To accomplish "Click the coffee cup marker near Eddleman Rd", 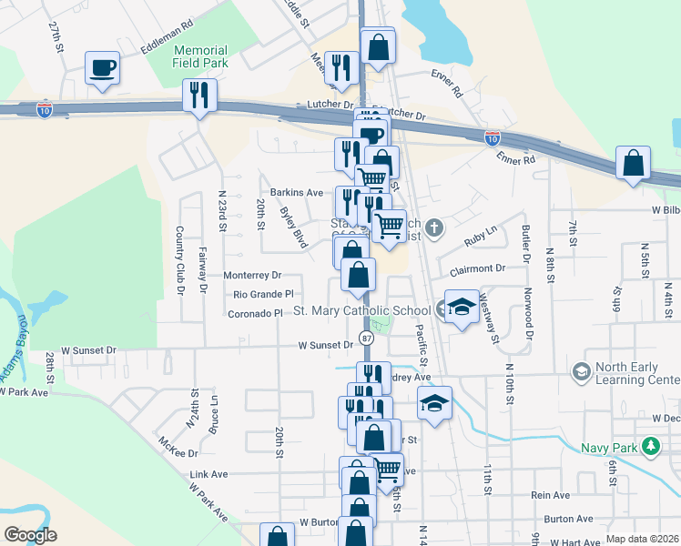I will [102, 67].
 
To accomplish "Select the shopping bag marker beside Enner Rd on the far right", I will [633, 165].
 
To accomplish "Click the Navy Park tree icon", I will [650, 446].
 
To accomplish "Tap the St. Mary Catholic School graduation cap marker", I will [462, 308].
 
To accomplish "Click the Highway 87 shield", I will [366, 338].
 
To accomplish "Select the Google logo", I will [30, 535].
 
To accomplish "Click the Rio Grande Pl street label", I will [263, 295].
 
